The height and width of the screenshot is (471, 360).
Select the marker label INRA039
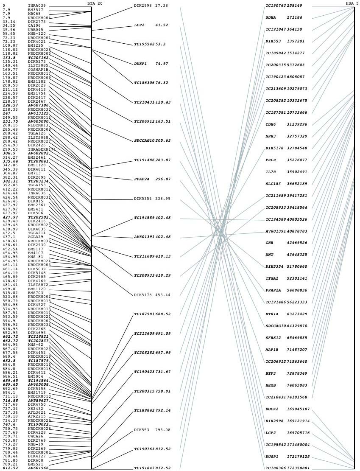coord(37,6)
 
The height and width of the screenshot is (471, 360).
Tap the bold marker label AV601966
coord(38,468)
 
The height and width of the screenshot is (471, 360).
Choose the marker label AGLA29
coord(35,237)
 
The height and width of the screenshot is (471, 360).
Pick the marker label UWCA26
coord(35,436)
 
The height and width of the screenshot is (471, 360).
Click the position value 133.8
coord(9,58)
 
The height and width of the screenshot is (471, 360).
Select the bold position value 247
coord(6,113)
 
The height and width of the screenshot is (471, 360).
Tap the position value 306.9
coord(9,153)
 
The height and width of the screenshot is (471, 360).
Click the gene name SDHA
coord(271,17)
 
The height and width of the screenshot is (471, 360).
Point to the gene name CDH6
coord(271,124)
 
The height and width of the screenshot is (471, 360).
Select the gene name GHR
coord(269,243)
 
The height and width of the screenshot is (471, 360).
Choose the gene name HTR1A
coord(272,314)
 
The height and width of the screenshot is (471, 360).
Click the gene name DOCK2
coord(272,409)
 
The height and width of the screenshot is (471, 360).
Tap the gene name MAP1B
coord(272,350)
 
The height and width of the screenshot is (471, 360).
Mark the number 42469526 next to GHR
coord(297,243)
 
